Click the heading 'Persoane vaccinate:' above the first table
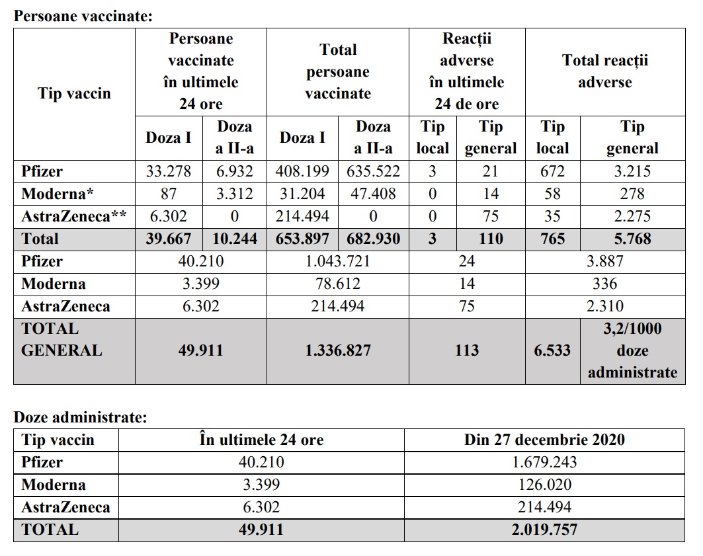point(83,16)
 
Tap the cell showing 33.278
point(169,172)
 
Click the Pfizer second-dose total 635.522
point(373,172)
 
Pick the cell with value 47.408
point(373,194)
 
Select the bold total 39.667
point(169,239)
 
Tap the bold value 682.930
point(373,239)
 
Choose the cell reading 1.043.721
point(337,262)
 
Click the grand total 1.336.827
point(337,350)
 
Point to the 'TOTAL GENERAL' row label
point(62,339)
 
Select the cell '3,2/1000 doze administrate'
point(632,350)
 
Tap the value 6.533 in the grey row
point(552,350)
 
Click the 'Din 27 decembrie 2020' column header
point(544,440)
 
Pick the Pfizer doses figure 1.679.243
point(544,462)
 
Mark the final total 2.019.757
point(544,530)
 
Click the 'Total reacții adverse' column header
point(605,71)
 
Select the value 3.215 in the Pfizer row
point(632,172)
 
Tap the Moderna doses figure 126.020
point(544,485)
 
